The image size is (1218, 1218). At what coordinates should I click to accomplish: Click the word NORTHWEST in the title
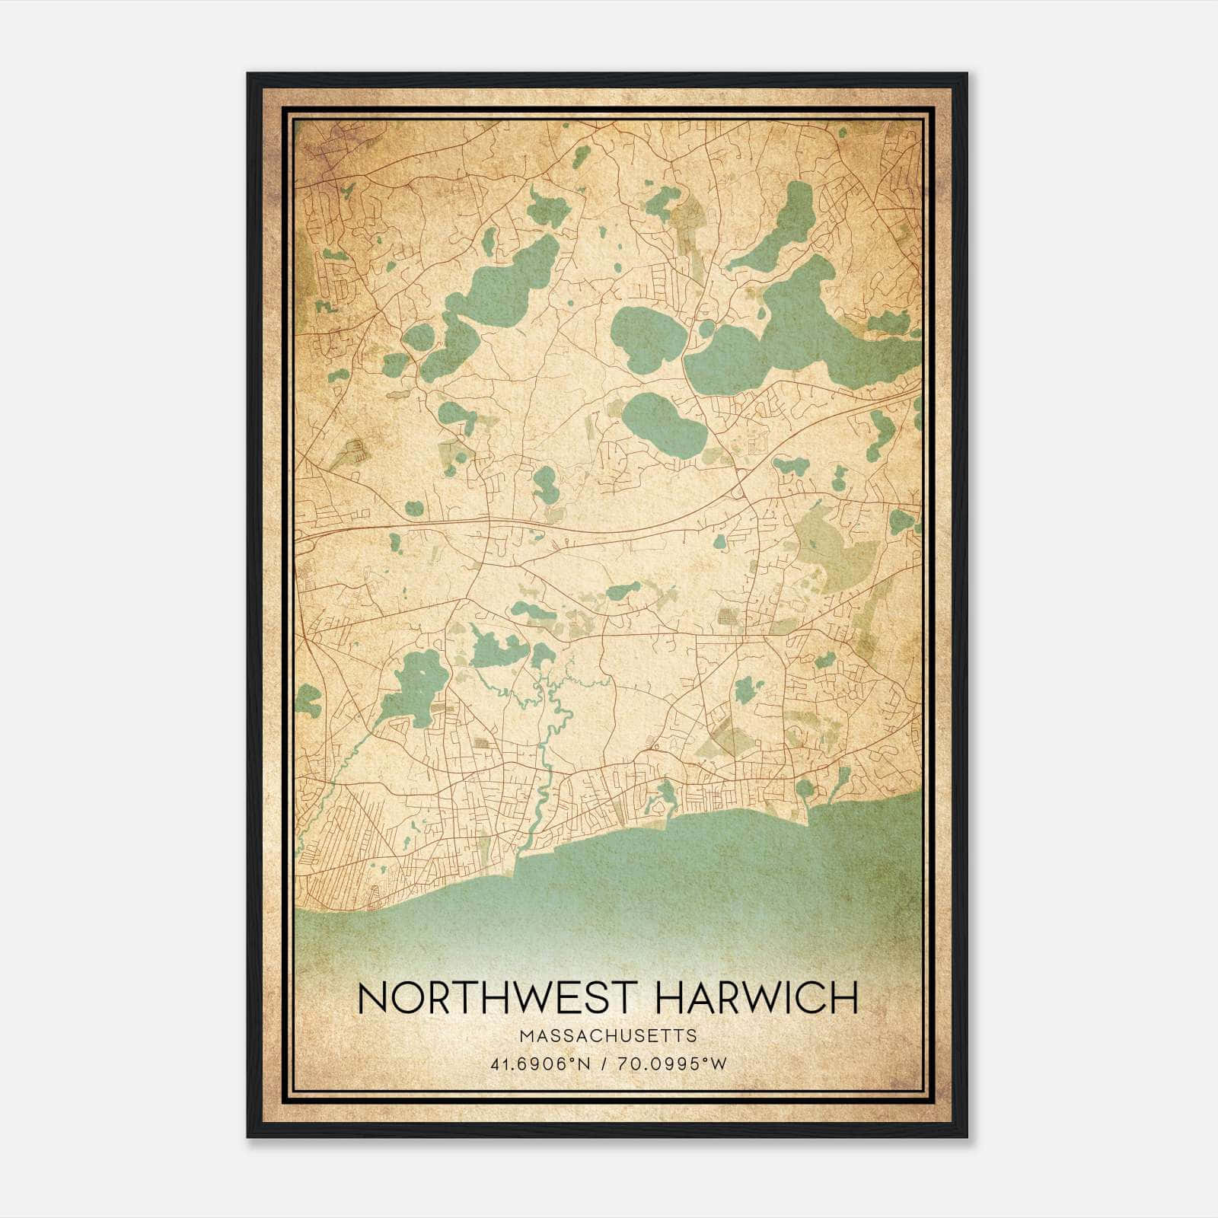(494, 998)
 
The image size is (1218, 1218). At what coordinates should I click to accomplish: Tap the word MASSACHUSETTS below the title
(608, 1035)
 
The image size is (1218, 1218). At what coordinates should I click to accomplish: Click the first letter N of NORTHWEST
(372, 998)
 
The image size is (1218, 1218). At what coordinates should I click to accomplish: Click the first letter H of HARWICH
(666, 998)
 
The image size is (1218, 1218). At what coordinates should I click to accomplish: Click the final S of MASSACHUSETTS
(691, 1035)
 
